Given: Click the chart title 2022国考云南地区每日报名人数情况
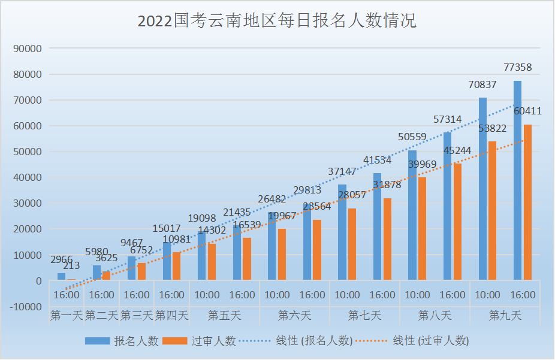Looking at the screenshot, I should pyautogui.click(x=277, y=22).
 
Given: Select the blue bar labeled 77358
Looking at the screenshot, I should pyautogui.click(x=517, y=180).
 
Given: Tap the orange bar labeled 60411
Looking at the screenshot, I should pyautogui.click(x=527, y=202).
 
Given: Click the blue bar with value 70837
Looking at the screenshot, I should pyautogui.click(x=482, y=188).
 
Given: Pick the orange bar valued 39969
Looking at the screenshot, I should pyautogui.click(x=422, y=228).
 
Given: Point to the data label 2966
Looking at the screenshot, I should pyautogui.click(x=62, y=259).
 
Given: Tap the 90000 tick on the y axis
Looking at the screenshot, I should pyautogui.click(x=29, y=49).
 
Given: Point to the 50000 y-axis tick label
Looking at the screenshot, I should pyautogui.click(x=29, y=152).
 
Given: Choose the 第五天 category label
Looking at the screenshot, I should pyautogui.click(x=224, y=315).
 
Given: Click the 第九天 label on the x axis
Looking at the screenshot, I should pyautogui.click(x=505, y=315).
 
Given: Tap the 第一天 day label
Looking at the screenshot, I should pyautogui.click(x=67, y=315).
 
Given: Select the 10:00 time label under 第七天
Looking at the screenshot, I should pyautogui.click(x=347, y=295).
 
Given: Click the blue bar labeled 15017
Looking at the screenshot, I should pyautogui.click(x=167, y=261).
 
